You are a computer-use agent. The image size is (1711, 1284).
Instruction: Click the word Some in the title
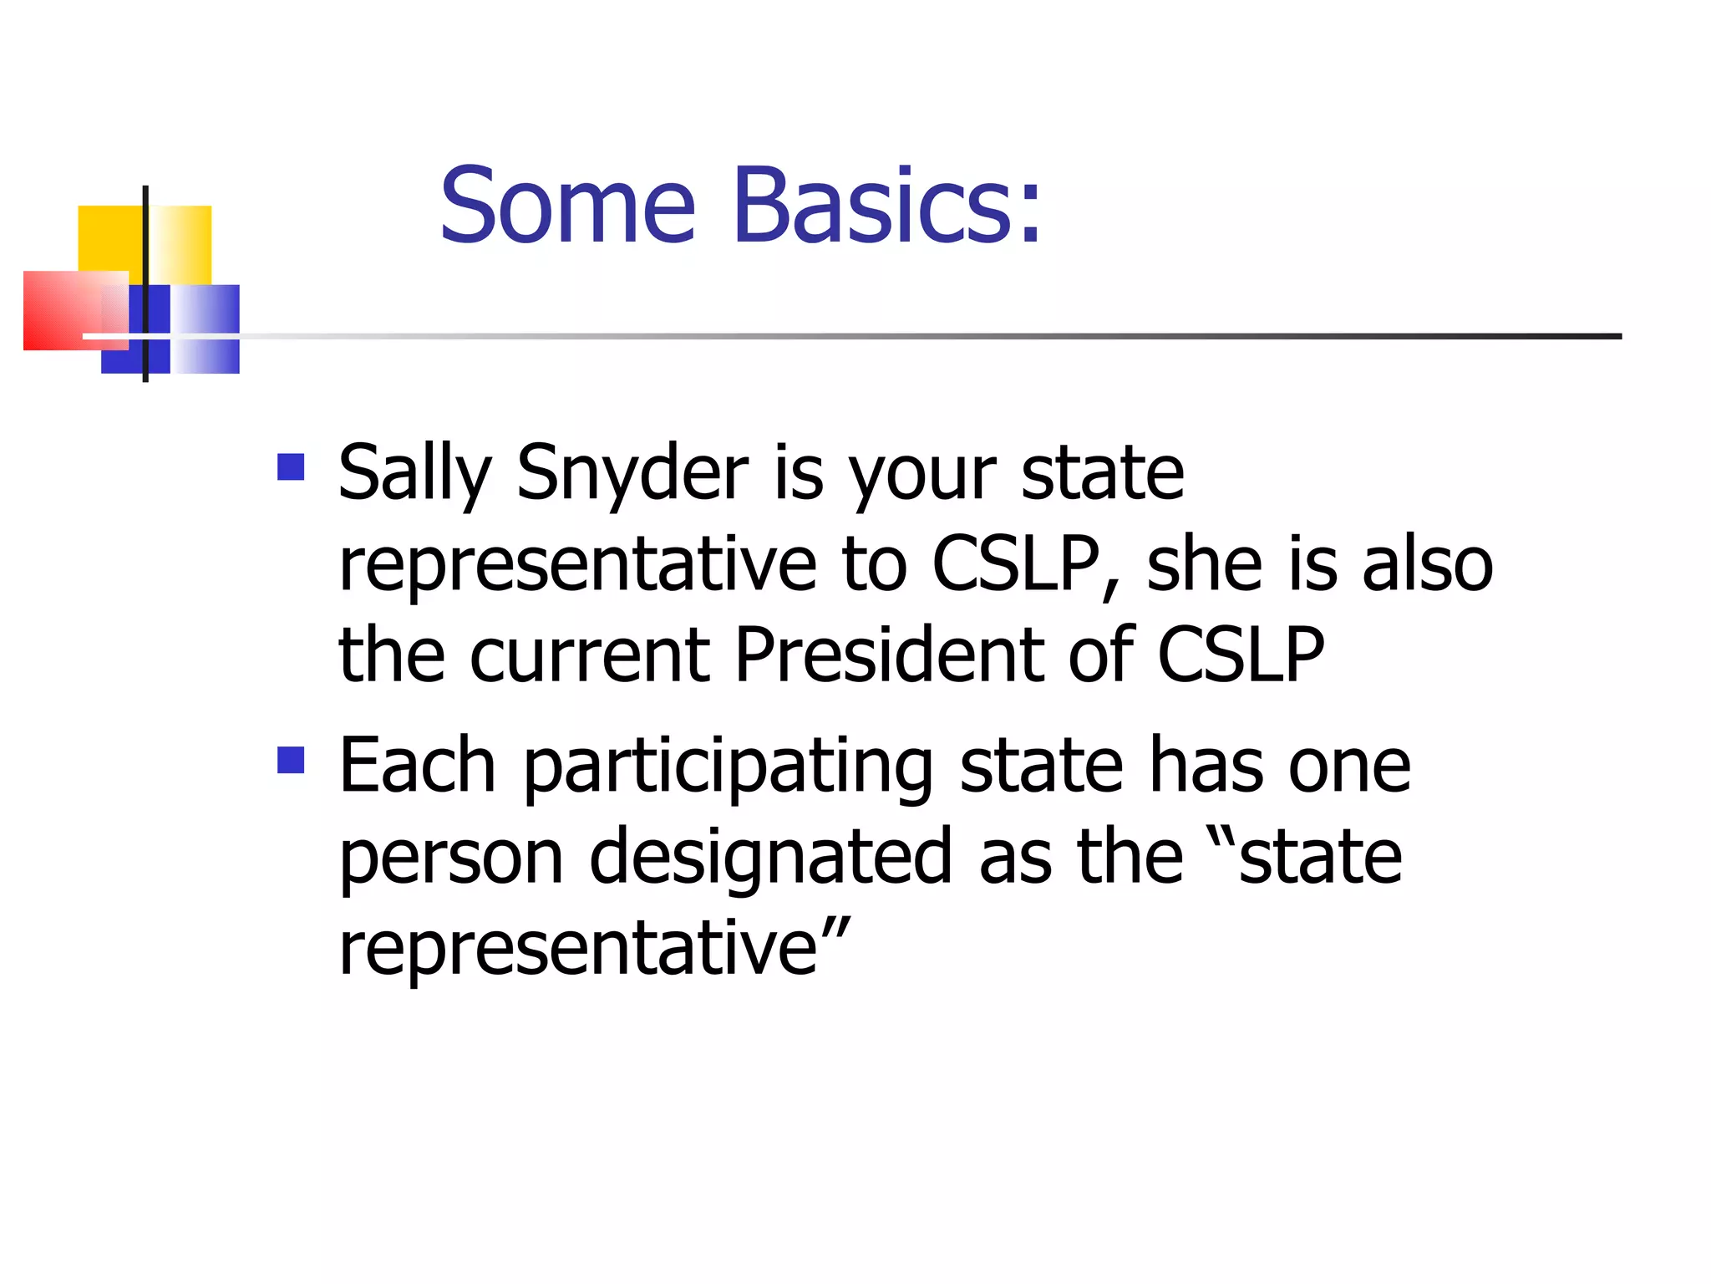[567, 206]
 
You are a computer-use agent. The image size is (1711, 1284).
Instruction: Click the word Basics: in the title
[887, 206]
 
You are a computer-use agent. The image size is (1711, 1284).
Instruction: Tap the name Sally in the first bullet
[414, 474]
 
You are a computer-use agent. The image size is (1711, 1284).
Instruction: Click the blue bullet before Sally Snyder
[290, 466]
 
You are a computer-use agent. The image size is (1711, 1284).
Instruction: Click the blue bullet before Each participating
[290, 760]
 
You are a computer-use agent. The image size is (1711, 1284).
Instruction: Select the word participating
[728, 767]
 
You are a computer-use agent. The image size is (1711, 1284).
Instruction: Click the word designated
[770, 858]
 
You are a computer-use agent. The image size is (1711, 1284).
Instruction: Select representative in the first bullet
[577, 566]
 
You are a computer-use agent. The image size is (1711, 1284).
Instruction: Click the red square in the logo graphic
[67, 310]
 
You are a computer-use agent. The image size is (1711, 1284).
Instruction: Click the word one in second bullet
[1348, 767]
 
